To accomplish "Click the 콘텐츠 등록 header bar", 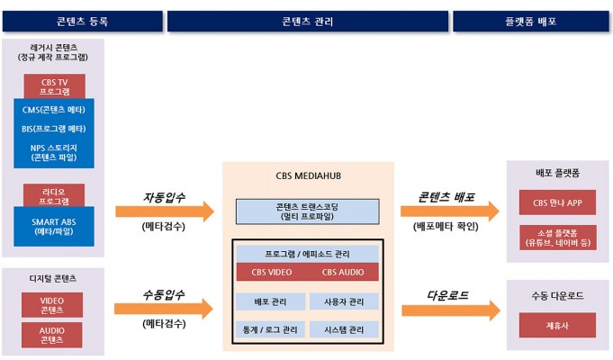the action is (x=83, y=21).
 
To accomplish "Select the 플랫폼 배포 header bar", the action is (x=531, y=21).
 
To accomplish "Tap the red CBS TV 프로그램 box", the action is (x=55, y=86).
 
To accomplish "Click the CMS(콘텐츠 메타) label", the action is (x=54, y=110).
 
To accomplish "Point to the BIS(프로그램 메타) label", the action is (x=54, y=129).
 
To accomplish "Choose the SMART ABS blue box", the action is (x=54, y=226).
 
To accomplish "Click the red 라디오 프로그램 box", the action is (x=54, y=195).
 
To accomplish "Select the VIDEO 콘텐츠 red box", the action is (x=52, y=305).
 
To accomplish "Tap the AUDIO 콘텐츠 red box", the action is (x=52, y=335).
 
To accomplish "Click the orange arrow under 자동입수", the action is (x=165, y=211).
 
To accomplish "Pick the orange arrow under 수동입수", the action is (x=164, y=310).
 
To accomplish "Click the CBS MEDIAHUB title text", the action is (x=309, y=175).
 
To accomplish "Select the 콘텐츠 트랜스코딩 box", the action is (x=308, y=211).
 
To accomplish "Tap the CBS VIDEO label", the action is (x=272, y=272).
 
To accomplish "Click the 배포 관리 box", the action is (x=271, y=301).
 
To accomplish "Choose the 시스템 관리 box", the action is (x=344, y=329).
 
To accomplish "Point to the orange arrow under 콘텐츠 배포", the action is (x=450, y=211).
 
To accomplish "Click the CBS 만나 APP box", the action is (x=557, y=202).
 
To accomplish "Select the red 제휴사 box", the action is (x=557, y=325).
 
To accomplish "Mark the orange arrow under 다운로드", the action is (x=451, y=310).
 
